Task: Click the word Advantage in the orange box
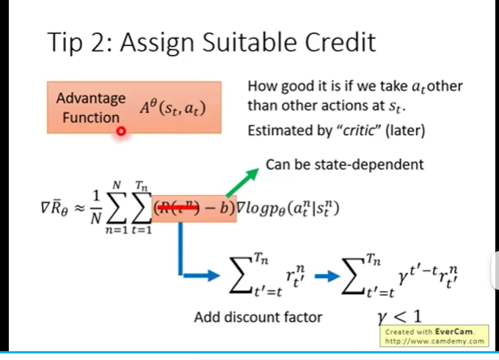click(x=91, y=98)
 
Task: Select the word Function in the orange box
click(x=91, y=117)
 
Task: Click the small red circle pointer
click(x=121, y=131)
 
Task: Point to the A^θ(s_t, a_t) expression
click(x=173, y=109)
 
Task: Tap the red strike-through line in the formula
click(x=179, y=208)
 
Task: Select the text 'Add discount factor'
click(x=258, y=317)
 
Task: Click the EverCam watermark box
click(x=435, y=336)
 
